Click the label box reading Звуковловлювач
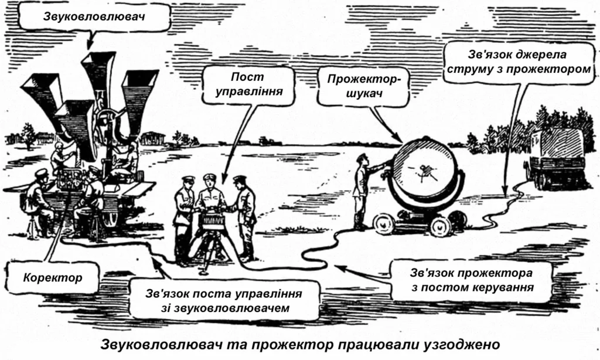tap(94, 17)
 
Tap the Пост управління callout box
tap(248, 84)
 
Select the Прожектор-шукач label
tap(363, 87)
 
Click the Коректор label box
tap(53, 277)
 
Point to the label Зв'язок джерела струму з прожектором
tap(519, 62)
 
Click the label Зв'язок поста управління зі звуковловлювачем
tap(224, 301)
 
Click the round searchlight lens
tap(425, 172)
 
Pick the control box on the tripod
tap(212, 220)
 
